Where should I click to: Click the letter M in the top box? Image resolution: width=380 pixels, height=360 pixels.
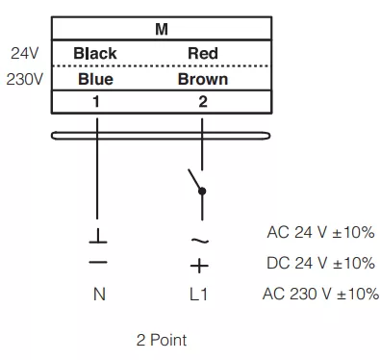[162, 29]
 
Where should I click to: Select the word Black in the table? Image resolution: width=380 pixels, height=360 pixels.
[95, 53]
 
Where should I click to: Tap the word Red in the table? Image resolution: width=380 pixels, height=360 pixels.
[203, 53]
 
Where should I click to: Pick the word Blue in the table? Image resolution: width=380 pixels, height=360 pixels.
[95, 79]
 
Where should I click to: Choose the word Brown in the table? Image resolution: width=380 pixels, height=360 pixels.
[203, 79]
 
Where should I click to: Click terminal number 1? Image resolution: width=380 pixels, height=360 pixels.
[96, 102]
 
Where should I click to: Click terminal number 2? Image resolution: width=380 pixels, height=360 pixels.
[203, 102]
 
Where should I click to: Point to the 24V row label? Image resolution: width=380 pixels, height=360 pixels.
[24, 53]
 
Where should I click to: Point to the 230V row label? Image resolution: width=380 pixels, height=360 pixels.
[24, 79]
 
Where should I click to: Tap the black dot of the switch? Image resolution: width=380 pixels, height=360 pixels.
[202, 192]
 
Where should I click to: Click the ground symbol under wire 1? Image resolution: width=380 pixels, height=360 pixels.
[98, 236]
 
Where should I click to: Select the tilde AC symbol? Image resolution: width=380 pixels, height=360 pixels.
[200, 240]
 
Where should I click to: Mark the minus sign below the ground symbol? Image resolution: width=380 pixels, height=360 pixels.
[98, 262]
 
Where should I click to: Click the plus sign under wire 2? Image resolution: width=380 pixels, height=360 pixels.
[199, 266]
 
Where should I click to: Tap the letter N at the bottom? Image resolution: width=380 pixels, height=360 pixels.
[99, 294]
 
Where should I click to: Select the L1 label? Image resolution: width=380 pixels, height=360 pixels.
[198, 294]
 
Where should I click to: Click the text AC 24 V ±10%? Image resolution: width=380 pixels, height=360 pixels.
[320, 232]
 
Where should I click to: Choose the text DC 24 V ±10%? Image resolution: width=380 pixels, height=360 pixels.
[320, 263]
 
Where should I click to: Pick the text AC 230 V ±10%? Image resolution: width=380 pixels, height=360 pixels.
[320, 294]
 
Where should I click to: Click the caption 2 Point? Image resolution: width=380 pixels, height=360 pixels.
[162, 340]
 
